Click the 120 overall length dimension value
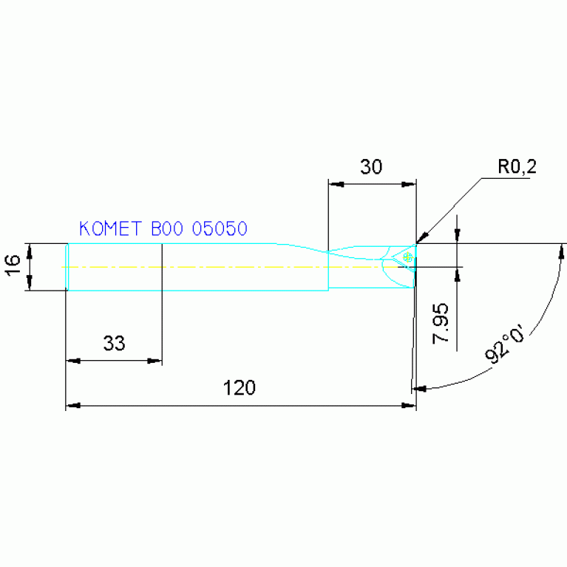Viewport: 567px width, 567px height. click(x=240, y=387)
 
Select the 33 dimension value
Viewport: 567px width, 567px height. click(x=114, y=343)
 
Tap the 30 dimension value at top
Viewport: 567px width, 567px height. click(x=371, y=167)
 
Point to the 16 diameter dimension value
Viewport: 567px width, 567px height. click(x=13, y=266)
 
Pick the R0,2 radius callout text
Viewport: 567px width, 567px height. click(x=516, y=168)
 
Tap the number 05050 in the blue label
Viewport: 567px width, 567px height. click(x=219, y=228)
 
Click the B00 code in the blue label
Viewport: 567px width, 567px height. click(x=167, y=228)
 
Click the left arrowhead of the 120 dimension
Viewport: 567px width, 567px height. click(x=72, y=405)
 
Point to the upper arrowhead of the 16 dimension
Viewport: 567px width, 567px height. click(x=30, y=248)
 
